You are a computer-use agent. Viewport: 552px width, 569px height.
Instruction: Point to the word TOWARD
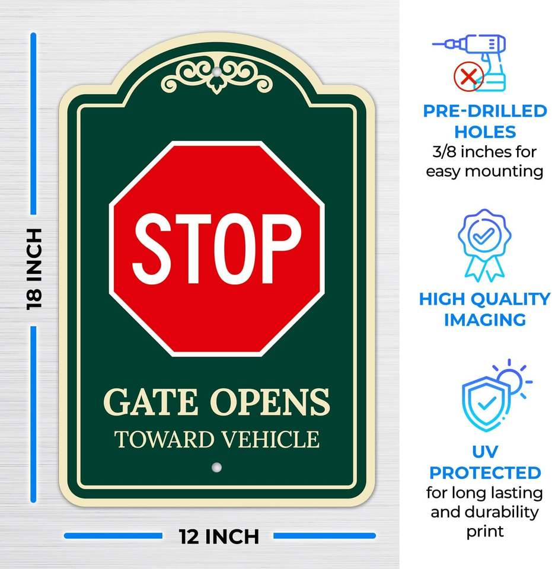164,440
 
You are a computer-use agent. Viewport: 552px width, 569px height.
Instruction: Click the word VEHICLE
270,440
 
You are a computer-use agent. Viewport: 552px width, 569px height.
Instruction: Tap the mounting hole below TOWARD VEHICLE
216,467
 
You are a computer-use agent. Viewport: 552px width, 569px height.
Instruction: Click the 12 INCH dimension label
219,536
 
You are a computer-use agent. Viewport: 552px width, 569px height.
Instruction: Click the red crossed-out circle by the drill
468,77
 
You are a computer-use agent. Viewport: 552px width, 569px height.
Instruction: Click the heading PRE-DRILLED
484,111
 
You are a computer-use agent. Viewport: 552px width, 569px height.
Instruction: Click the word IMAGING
484,320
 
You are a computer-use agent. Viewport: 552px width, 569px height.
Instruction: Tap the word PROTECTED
484,473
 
